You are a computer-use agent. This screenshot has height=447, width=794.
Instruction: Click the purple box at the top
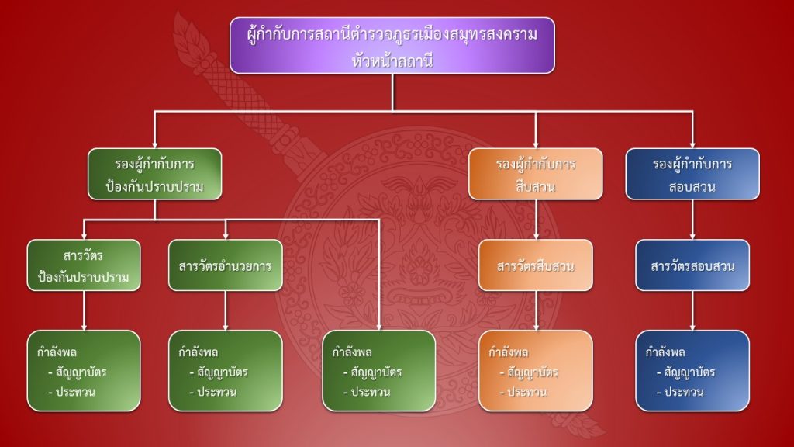(x=392, y=45)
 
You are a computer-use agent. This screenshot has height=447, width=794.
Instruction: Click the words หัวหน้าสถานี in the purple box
(x=392, y=59)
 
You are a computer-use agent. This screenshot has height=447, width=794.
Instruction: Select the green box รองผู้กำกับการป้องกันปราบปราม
(x=154, y=175)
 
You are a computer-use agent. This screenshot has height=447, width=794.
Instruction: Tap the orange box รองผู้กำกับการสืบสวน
(x=535, y=175)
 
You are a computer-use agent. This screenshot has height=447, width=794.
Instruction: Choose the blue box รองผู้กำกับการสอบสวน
(x=692, y=175)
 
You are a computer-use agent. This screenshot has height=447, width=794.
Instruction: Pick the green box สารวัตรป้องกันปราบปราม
(x=84, y=265)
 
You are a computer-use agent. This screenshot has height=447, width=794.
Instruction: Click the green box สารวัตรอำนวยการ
(x=225, y=265)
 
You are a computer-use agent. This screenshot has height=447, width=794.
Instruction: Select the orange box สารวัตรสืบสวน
(x=535, y=265)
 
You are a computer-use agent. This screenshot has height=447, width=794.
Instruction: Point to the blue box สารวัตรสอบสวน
(x=692, y=265)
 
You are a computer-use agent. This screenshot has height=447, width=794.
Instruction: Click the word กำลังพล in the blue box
(x=665, y=352)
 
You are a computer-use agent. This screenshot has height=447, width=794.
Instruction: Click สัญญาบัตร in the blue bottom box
(x=689, y=372)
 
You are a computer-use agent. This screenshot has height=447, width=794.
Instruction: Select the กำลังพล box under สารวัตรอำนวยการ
(x=225, y=371)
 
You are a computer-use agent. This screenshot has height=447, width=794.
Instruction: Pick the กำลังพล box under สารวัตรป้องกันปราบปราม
(x=84, y=371)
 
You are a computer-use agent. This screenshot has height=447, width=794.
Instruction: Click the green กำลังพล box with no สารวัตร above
(x=378, y=371)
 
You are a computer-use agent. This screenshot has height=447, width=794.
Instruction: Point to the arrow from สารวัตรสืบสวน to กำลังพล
(x=535, y=310)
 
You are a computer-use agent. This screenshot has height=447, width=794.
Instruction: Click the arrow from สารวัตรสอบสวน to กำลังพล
(x=692, y=310)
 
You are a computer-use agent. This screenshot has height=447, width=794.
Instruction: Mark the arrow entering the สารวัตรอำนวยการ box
(x=225, y=230)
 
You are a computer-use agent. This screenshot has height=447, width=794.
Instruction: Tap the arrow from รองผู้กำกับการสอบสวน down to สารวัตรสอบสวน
(x=692, y=220)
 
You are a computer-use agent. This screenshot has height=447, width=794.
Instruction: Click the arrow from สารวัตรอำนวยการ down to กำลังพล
(x=225, y=310)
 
